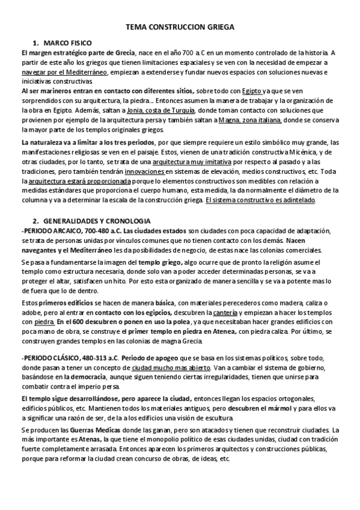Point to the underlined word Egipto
pos(238,91)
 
